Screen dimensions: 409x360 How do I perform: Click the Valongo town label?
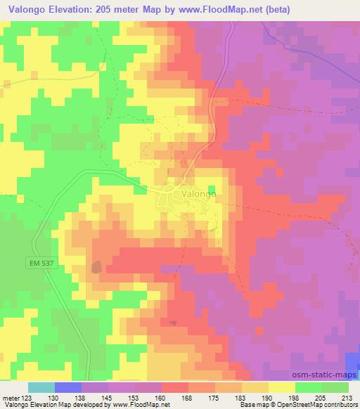(x=198, y=191)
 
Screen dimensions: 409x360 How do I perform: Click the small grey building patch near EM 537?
(x=96, y=266)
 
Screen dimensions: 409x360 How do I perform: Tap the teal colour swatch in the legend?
(x=41, y=387)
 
